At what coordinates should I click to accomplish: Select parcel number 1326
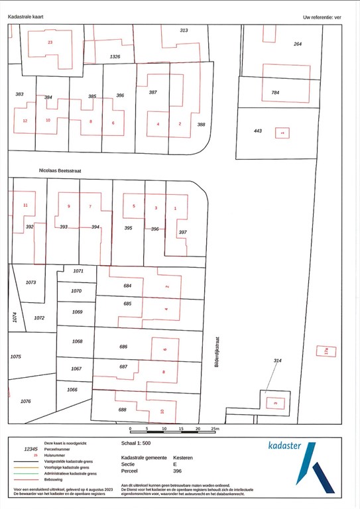[115, 58]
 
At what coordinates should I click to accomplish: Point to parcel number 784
[275, 93]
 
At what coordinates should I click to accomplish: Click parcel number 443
[258, 131]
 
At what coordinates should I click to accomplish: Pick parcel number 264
[298, 44]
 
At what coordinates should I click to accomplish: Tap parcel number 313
[184, 30]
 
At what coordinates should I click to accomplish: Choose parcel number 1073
[30, 282]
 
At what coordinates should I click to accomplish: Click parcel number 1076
[26, 401]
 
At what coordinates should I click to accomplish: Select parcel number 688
[122, 410]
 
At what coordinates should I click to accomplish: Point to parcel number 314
[277, 361]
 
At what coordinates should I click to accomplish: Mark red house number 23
[50, 42]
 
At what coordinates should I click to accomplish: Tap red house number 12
[25, 121]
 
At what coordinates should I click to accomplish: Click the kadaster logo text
[285, 445]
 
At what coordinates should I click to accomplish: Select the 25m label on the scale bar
[214, 429]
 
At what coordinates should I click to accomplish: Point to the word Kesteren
[183, 457]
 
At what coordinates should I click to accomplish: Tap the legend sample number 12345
[31, 449]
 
